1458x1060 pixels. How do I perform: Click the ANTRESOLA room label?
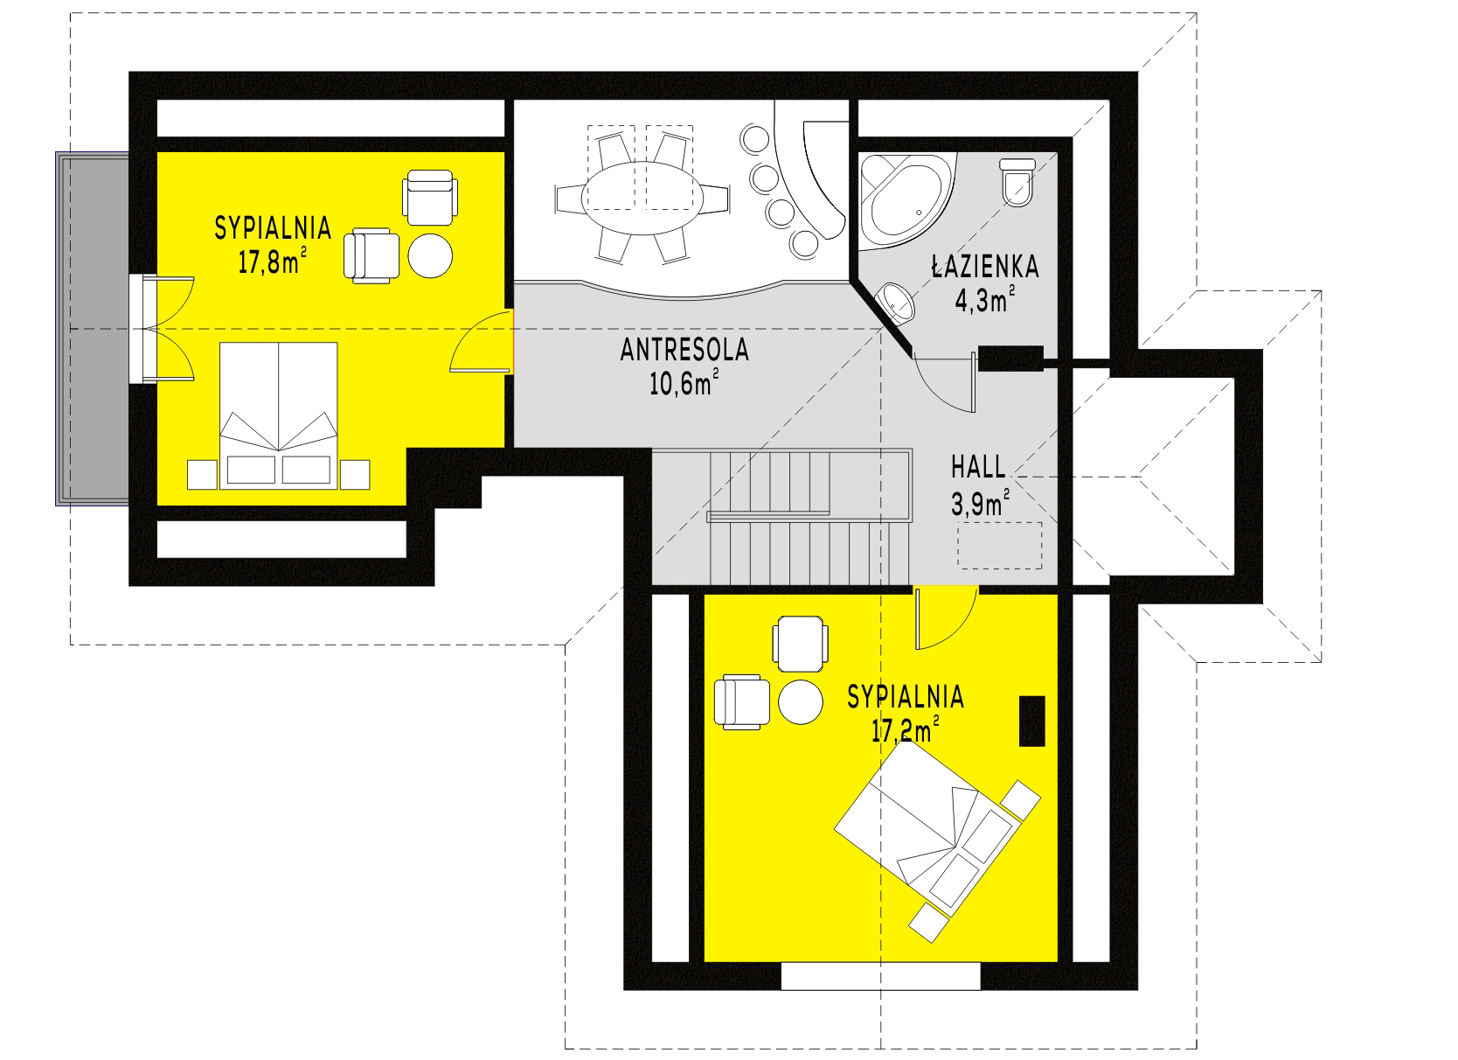(x=684, y=350)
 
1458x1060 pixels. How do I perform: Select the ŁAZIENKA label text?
(x=984, y=267)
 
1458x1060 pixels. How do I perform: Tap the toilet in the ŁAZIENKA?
(x=1017, y=181)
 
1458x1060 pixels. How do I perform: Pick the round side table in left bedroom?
(x=431, y=255)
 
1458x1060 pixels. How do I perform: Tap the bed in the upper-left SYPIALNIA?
(x=279, y=411)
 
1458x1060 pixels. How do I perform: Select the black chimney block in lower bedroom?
(x=1032, y=720)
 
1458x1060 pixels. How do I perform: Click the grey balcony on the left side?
(x=91, y=328)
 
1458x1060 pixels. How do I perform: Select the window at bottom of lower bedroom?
(x=880, y=975)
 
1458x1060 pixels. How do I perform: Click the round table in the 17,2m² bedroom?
(x=801, y=702)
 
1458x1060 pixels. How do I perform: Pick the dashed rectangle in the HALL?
(x=999, y=546)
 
